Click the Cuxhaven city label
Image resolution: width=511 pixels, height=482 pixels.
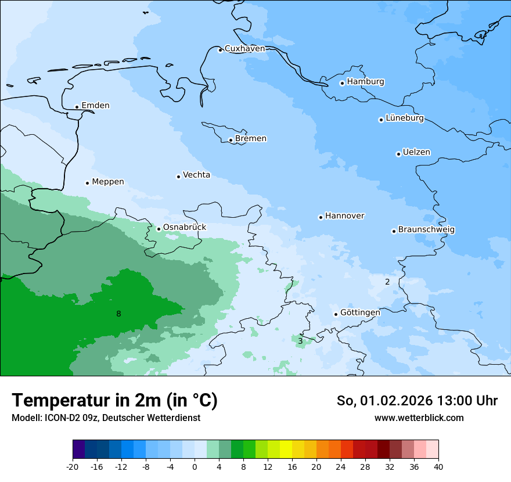[244, 49]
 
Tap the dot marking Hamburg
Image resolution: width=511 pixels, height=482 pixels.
[343, 83]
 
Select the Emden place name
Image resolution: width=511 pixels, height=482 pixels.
[95, 106]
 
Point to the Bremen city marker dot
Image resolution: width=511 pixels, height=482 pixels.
[231, 140]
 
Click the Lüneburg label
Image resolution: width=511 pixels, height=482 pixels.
[404, 118]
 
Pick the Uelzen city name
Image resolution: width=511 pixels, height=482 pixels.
[416, 153]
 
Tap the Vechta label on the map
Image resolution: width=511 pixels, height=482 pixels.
[196, 175]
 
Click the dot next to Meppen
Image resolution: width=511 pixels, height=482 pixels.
[87, 183]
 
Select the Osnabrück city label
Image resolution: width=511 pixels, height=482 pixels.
[184, 227]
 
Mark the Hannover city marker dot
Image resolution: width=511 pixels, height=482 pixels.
[321, 217]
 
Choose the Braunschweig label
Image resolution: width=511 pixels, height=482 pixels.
[426, 230]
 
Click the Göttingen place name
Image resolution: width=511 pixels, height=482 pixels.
[360, 312]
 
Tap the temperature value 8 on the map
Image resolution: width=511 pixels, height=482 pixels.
[118, 314]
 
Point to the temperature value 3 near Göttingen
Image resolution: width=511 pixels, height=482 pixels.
[300, 341]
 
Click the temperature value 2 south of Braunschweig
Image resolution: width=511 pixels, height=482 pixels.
[387, 282]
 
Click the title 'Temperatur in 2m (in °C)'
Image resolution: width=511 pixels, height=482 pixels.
[114, 401]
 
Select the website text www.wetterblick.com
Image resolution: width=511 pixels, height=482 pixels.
[419, 418]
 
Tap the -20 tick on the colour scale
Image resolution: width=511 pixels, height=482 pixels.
[73, 466]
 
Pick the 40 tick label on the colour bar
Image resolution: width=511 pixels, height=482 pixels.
[438, 466]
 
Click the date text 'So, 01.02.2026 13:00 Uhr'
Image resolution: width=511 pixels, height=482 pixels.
[417, 401]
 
